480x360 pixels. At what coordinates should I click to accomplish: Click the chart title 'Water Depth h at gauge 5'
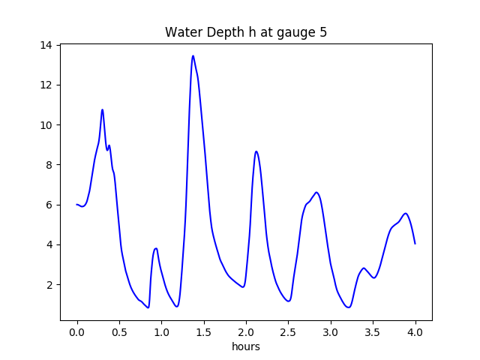(246, 33)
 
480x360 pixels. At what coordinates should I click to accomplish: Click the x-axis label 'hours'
(246, 346)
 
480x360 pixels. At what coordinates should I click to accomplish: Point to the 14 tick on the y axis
(46, 45)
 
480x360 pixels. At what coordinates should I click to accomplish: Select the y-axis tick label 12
(46, 85)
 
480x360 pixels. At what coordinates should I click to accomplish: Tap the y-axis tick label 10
(46, 125)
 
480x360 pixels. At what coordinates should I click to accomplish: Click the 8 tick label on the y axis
(49, 165)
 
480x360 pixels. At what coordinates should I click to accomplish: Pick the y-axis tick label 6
(49, 205)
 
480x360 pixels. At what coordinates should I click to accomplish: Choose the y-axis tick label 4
(49, 244)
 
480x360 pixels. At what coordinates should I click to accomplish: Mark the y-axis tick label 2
(49, 285)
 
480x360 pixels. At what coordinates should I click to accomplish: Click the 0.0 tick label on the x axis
(76, 332)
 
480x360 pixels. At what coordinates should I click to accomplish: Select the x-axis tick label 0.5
(119, 332)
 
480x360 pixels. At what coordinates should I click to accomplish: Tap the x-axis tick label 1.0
(161, 332)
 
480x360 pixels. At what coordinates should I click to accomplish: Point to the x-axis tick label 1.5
(204, 332)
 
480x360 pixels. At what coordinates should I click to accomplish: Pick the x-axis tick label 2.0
(246, 332)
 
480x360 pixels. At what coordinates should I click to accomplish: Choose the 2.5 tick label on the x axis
(289, 332)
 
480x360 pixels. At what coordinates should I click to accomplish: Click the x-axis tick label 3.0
(331, 332)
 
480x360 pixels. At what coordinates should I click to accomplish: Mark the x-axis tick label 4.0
(415, 332)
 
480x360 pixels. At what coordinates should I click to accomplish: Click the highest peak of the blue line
(193, 55)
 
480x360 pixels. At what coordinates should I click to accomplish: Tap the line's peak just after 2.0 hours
(256, 151)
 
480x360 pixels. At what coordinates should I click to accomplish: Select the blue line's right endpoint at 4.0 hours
(415, 244)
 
